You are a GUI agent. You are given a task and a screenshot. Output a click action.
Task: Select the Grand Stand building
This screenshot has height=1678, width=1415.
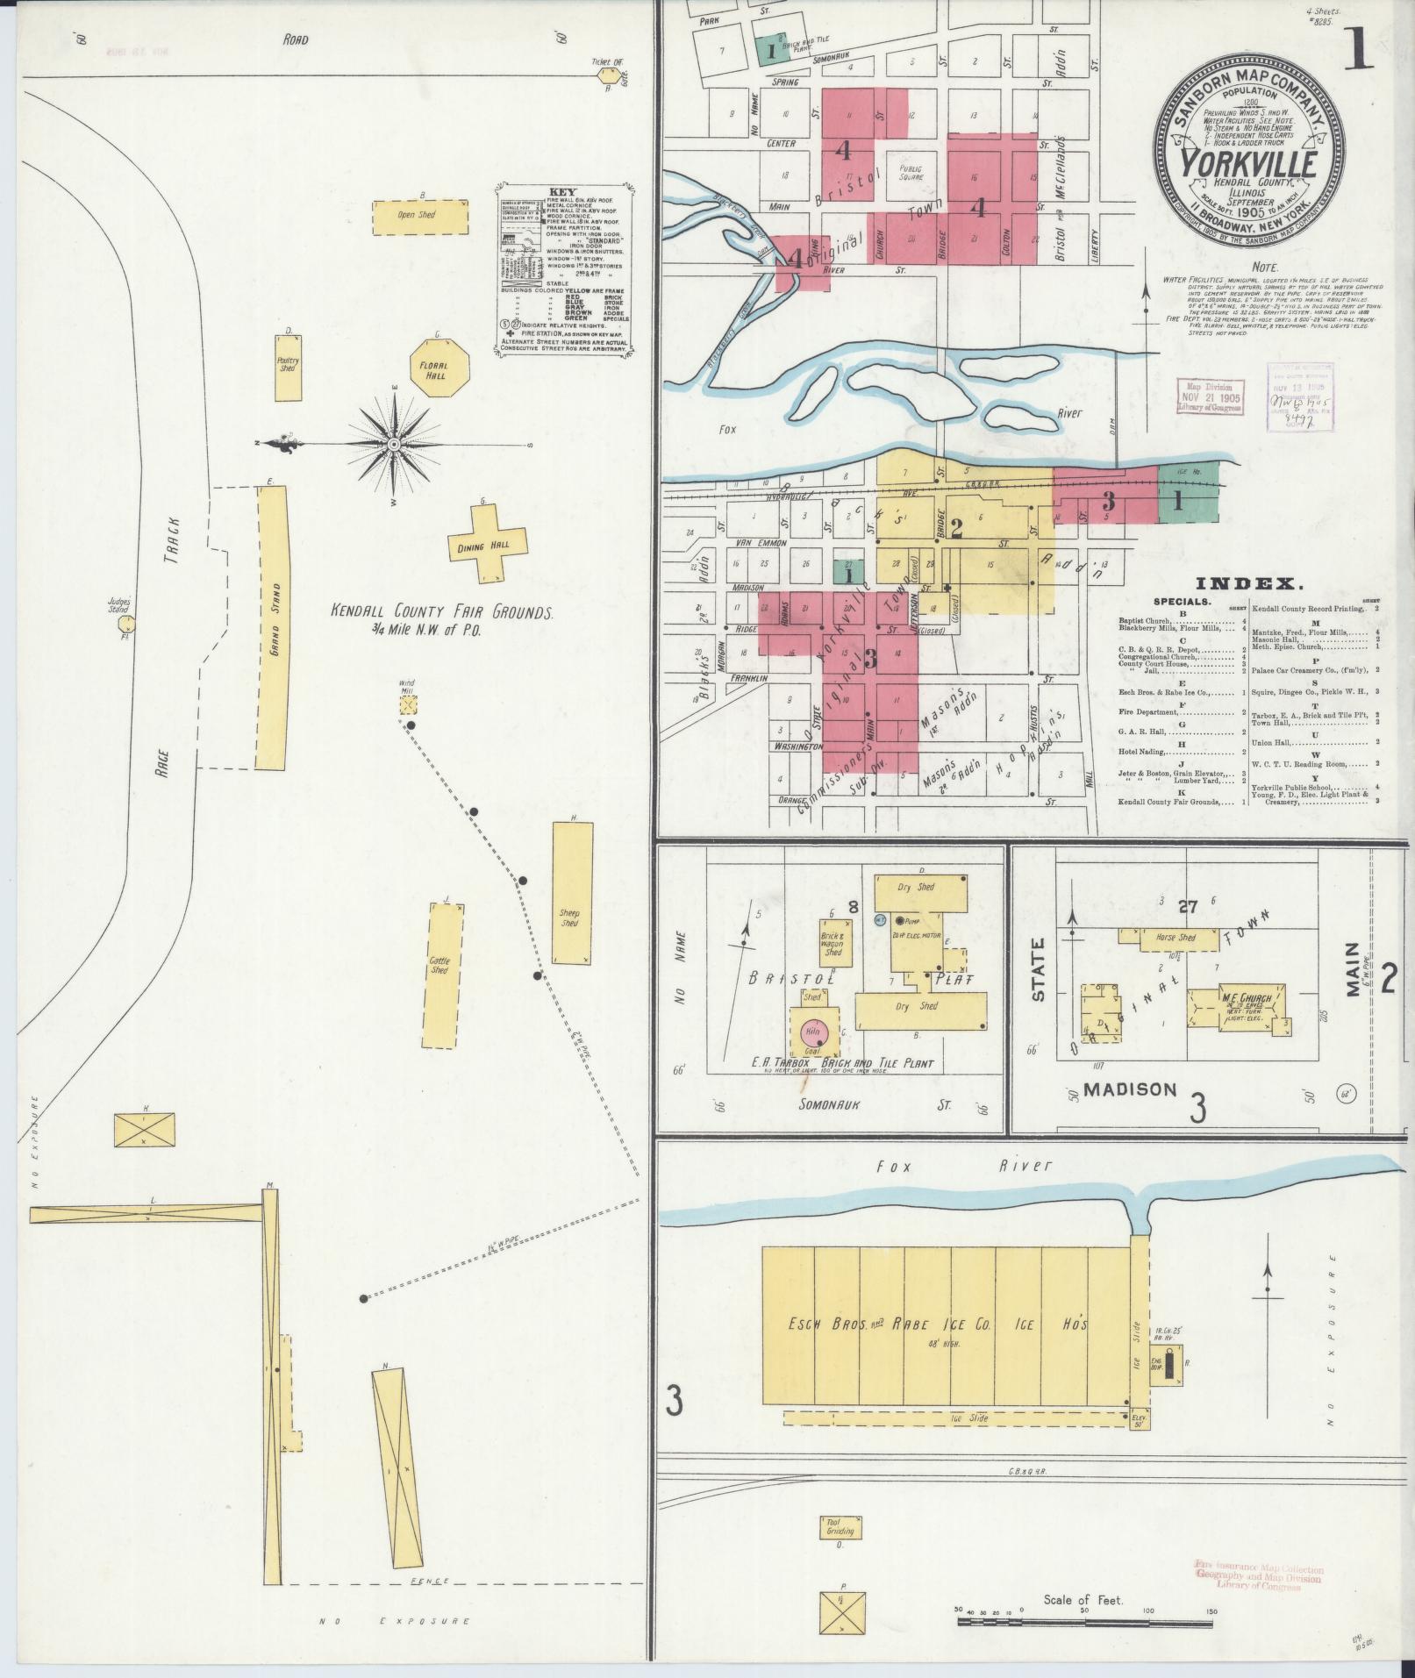272,628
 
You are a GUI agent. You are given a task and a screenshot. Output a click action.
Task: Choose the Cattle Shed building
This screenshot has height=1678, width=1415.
441,975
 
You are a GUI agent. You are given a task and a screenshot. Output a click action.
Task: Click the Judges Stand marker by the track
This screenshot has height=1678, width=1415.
129,625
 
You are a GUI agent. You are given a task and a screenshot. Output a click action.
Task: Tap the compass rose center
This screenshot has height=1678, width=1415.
395,446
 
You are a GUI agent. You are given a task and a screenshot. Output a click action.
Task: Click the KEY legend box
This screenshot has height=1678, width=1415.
564,268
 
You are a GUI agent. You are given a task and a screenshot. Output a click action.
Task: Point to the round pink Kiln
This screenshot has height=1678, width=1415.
811,1032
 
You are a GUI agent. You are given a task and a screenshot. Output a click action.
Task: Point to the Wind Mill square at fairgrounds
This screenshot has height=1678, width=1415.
408,704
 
